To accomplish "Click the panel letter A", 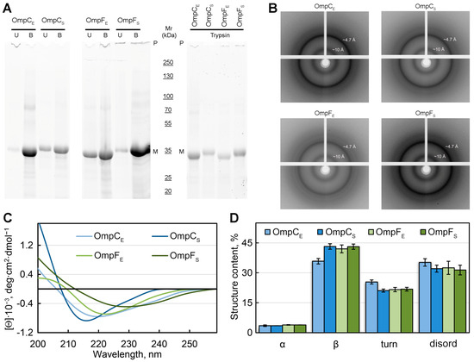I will pos(5,6).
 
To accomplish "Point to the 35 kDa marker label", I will pos(169,151).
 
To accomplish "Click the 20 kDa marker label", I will pos(169,191).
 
